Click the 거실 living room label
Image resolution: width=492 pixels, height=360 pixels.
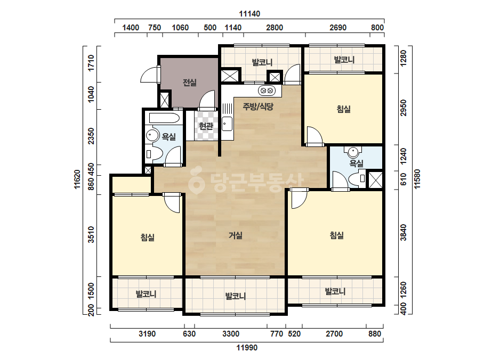(x=235, y=235)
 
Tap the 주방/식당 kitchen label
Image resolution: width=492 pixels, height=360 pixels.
(x=258, y=107)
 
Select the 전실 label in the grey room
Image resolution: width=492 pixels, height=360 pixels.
(x=190, y=83)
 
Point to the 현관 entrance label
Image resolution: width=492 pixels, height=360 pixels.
(x=206, y=126)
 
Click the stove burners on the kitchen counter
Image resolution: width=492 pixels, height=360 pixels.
(x=267, y=91)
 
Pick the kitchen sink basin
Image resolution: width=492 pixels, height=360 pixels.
(x=227, y=124)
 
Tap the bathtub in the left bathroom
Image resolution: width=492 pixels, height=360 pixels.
(x=164, y=118)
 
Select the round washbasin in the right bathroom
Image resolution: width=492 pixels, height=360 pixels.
(x=353, y=153)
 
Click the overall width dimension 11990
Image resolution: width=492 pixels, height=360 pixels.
(x=247, y=347)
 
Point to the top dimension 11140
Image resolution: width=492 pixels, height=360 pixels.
(x=249, y=14)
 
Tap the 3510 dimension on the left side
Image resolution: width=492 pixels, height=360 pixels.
(x=91, y=234)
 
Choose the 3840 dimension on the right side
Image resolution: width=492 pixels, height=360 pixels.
(x=404, y=232)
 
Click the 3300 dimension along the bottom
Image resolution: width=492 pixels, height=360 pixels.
(x=231, y=334)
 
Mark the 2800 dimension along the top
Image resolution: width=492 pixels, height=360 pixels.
(x=275, y=28)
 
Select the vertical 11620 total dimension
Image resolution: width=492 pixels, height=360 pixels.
(x=77, y=179)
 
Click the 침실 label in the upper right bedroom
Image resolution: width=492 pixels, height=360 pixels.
(x=344, y=109)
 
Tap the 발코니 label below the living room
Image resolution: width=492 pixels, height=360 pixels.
(x=235, y=296)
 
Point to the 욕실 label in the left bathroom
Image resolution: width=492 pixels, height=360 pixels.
(x=168, y=137)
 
